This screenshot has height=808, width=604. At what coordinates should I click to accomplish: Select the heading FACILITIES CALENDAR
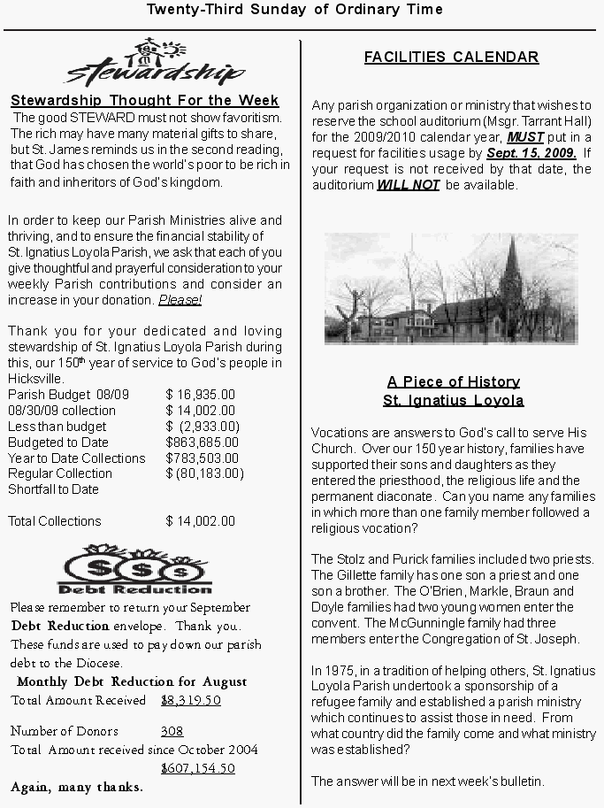pyautogui.click(x=451, y=58)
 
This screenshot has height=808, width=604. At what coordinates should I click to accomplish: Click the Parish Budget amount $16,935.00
pyautogui.click(x=201, y=395)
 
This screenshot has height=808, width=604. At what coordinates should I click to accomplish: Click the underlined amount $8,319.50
pyautogui.click(x=191, y=700)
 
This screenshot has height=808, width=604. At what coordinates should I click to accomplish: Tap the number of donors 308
pyautogui.click(x=172, y=732)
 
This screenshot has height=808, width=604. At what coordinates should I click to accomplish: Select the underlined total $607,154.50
pyautogui.click(x=198, y=768)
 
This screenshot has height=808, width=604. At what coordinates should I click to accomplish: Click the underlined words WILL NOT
pyautogui.click(x=409, y=186)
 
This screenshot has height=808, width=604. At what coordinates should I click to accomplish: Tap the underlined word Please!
pyautogui.click(x=180, y=300)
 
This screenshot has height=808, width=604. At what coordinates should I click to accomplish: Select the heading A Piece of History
pyautogui.click(x=453, y=381)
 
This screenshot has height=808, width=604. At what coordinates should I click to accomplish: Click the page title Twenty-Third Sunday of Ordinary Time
pyautogui.click(x=294, y=10)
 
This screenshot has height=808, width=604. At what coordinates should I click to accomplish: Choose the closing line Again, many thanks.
pyautogui.click(x=76, y=787)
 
